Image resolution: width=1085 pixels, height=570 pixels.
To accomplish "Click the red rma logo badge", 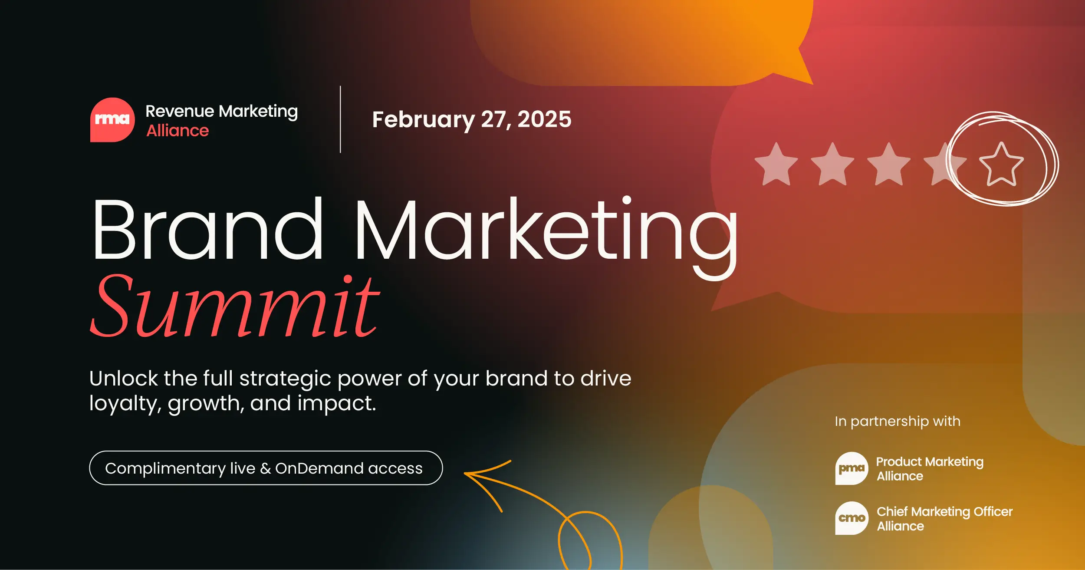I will pyautogui.click(x=112, y=120).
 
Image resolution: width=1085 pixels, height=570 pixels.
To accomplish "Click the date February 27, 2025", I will pyautogui.click(x=472, y=119).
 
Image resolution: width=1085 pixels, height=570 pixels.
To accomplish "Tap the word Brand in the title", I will pyautogui.click(x=207, y=229).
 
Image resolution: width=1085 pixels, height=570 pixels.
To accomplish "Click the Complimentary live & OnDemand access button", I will pyautogui.click(x=266, y=468).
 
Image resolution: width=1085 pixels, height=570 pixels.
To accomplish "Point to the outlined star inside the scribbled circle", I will pyautogui.click(x=1001, y=165).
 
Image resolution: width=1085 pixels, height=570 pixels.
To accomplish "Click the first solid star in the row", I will pyautogui.click(x=776, y=165).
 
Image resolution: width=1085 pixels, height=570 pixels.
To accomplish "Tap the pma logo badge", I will pyautogui.click(x=852, y=468).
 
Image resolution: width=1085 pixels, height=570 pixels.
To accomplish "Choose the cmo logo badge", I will pyautogui.click(x=852, y=518).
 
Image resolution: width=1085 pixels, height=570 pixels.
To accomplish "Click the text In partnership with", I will pyautogui.click(x=898, y=421).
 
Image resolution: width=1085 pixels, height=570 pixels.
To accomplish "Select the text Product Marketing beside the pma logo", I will pyautogui.click(x=930, y=461).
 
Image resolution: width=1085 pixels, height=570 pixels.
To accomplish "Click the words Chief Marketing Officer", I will pyautogui.click(x=944, y=511).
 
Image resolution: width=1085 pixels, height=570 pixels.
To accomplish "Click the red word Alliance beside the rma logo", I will pyautogui.click(x=178, y=131).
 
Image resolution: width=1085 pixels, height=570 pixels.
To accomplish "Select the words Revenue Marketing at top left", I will pyautogui.click(x=221, y=111).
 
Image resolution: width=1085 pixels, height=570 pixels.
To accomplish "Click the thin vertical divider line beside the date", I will pyautogui.click(x=340, y=119).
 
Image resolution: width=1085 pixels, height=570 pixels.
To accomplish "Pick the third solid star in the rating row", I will pyautogui.click(x=888, y=165).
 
